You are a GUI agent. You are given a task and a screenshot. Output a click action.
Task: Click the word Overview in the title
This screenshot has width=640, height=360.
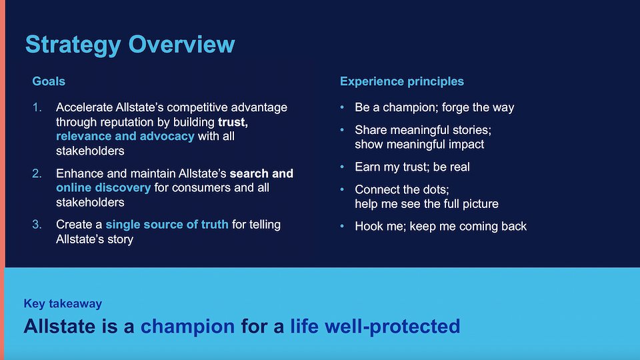pyautogui.click(x=181, y=44)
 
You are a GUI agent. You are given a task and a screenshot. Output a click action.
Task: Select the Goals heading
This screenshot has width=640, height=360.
pyautogui.click(x=49, y=81)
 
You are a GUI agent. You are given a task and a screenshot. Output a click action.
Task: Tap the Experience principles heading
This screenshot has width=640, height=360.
pyautogui.click(x=401, y=81)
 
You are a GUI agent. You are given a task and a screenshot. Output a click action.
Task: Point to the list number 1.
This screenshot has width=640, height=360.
pyautogui.click(x=37, y=107)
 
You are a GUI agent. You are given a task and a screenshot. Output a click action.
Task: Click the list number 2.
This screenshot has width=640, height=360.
pyautogui.click(x=37, y=173)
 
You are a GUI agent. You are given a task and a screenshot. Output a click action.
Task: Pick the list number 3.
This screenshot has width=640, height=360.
pyautogui.click(x=37, y=225)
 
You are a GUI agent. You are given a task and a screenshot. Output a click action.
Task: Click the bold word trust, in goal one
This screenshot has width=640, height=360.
pyautogui.click(x=233, y=122)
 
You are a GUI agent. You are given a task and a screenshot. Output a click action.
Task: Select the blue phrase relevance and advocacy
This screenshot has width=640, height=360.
pyautogui.click(x=125, y=136)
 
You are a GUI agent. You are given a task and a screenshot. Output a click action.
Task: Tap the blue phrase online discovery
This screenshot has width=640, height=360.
pyautogui.click(x=103, y=188)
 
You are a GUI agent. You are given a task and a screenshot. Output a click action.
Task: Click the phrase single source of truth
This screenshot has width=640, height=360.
pyautogui.click(x=167, y=225)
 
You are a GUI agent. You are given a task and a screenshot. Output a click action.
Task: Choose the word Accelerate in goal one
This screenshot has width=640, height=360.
pyautogui.click(x=84, y=107)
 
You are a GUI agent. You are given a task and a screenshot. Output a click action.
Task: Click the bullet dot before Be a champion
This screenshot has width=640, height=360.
pyautogui.click(x=342, y=107)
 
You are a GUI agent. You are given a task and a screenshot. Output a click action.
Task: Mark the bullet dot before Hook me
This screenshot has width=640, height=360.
pyautogui.click(x=342, y=226)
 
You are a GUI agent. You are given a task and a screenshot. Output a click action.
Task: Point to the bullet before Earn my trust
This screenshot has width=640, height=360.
pyautogui.click(x=342, y=167)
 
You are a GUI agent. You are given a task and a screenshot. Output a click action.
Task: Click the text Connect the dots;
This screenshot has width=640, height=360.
pyautogui.click(x=401, y=189)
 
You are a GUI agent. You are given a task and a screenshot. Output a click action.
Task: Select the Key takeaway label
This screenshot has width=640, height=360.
pyautogui.click(x=63, y=304)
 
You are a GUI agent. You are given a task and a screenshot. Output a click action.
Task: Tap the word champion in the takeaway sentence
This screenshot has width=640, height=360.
pyautogui.click(x=188, y=327)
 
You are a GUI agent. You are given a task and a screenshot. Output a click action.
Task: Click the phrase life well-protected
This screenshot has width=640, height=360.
pyautogui.click(x=375, y=327)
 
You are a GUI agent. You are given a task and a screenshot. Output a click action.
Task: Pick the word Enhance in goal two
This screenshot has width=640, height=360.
pyautogui.click(x=79, y=173)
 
